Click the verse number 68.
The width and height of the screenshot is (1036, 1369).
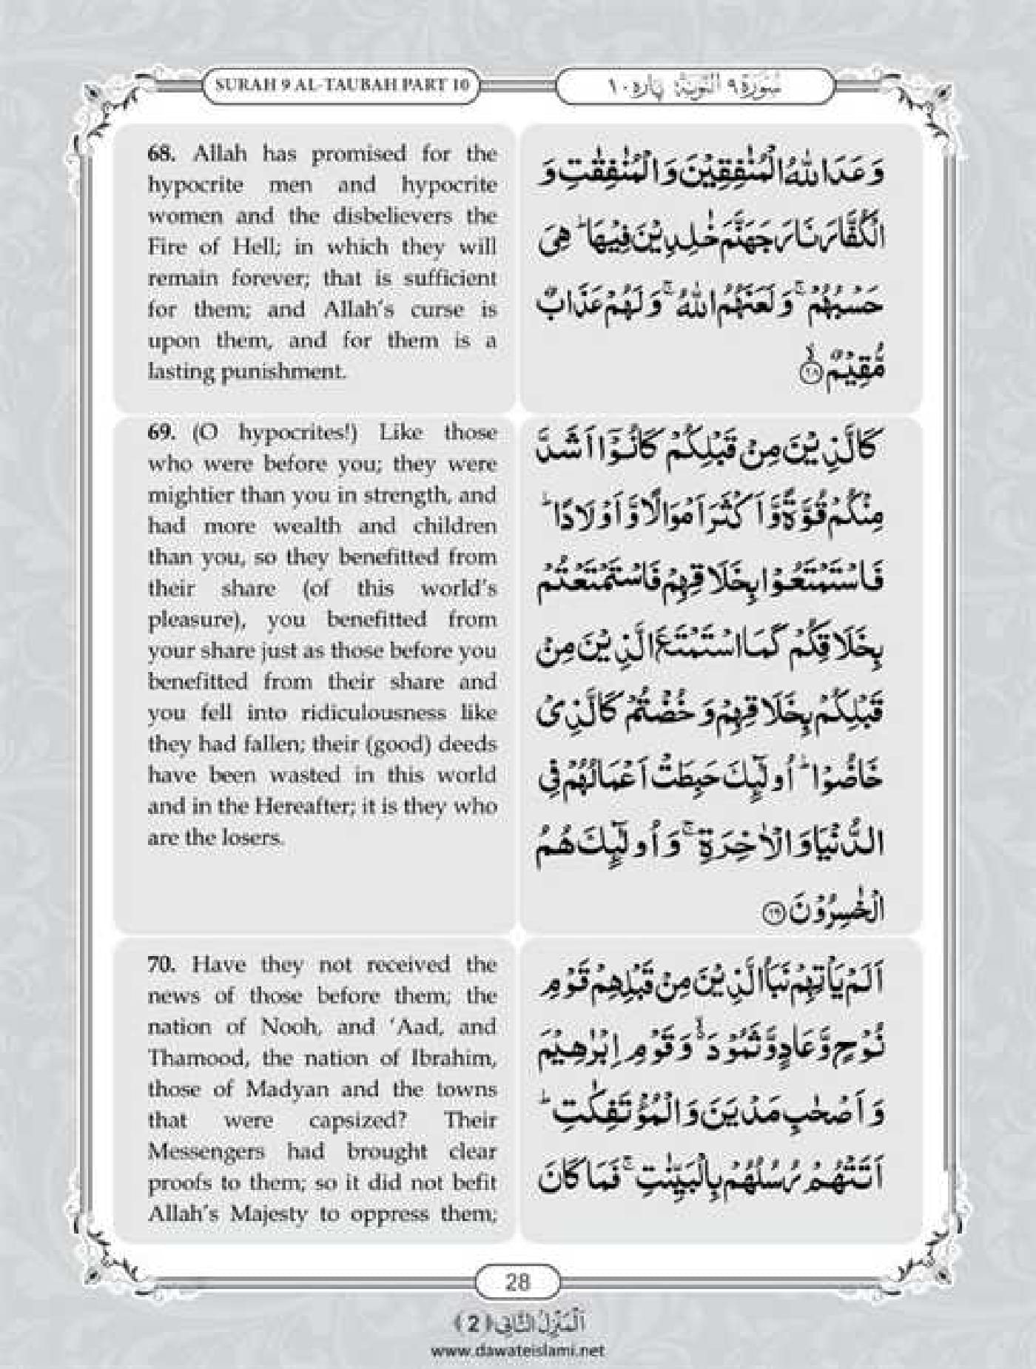(161, 155)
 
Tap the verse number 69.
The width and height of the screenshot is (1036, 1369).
(160, 433)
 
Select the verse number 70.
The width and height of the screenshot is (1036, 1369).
(161, 965)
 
